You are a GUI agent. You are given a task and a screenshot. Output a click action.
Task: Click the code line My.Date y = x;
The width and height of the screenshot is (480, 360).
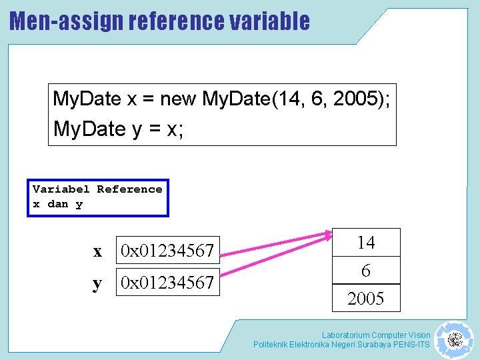pyautogui.click(x=118, y=129)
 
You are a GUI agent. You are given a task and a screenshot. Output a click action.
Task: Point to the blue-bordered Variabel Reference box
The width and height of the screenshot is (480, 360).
pyautogui.click(x=97, y=197)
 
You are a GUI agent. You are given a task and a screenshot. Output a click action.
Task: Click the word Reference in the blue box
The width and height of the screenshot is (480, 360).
pyautogui.click(x=129, y=189)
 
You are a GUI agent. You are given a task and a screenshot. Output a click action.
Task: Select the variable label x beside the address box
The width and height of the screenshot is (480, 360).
pyautogui.click(x=98, y=251)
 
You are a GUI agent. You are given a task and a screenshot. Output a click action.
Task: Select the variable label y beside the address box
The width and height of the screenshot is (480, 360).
pyautogui.click(x=98, y=283)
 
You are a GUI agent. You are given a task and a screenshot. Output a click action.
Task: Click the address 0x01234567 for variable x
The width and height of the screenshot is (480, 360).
pyautogui.click(x=167, y=251)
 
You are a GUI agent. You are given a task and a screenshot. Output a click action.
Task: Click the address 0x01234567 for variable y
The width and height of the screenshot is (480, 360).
pyautogui.click(x=167, y=283)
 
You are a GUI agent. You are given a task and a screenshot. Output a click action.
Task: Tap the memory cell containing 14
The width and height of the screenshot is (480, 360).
pyautogui.click(x=366, y=243)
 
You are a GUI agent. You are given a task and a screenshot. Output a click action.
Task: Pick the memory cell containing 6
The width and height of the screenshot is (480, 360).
pyautogui.click(x=366, y=271)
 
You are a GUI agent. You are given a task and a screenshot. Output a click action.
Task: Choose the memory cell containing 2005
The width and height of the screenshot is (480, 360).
pyautogui.click(x=366, y=299)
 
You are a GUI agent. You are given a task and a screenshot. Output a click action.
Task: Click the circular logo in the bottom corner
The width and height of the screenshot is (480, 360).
pyautogui.click(x=454, y=340)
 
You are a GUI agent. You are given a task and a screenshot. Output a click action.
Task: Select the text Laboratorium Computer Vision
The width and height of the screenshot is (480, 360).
pyautogui.click(x=376, y=335)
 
